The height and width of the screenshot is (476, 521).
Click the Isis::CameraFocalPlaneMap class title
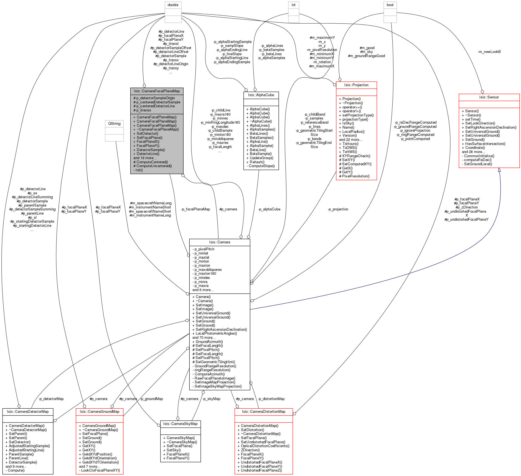pos(157,91)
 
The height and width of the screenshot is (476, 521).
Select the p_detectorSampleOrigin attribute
pos(156,98)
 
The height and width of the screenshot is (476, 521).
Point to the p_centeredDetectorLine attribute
pos(156,106)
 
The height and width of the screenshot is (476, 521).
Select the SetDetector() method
pos(147,134)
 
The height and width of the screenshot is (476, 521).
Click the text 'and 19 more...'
pos(145,158)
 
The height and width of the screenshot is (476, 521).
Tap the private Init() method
pos(139,170)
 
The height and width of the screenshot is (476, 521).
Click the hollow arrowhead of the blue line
pos(499,170)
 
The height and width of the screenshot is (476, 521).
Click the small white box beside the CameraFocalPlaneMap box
pos(114,131)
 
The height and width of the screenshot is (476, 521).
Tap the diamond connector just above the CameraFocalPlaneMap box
pos(144,86)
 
